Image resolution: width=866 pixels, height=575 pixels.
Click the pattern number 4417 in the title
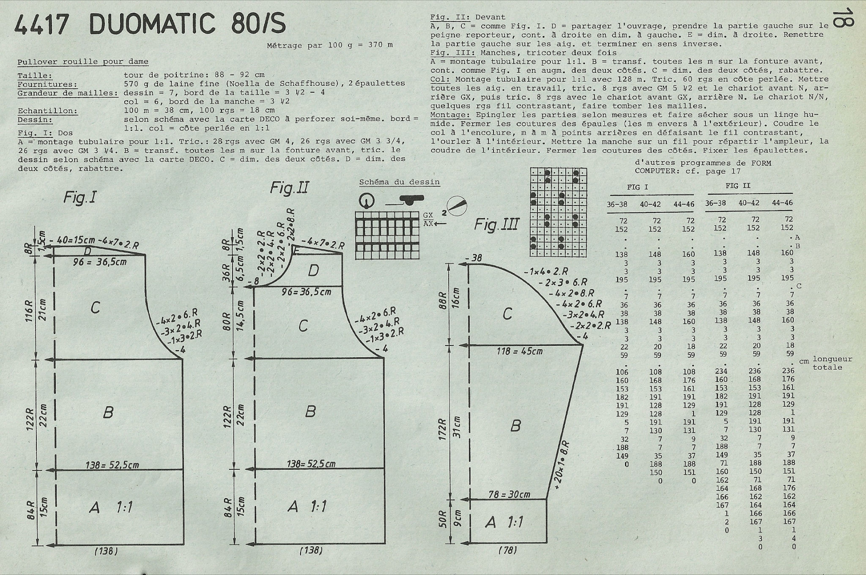[41, 25]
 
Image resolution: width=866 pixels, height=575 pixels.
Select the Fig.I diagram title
[80, 197]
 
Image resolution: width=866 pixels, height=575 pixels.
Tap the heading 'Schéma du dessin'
[400, 182]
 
